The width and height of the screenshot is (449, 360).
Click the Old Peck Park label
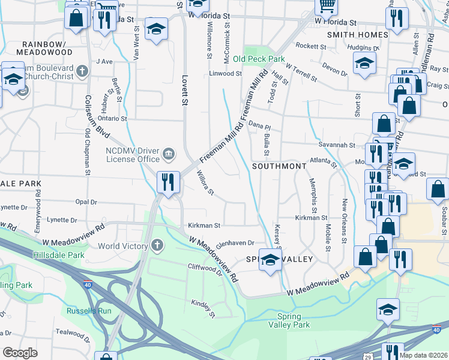[259, 59]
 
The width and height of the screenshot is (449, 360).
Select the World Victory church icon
[157, 246]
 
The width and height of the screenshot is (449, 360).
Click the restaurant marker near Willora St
[168, 181]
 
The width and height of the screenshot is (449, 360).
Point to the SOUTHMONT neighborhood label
[275, 166]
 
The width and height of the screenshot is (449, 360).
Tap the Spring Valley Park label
[294, 320]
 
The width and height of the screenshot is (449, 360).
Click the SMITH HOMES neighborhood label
[357, 35]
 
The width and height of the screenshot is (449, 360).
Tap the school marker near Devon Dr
[364, 64]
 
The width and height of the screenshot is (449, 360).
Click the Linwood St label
[224, 74]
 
